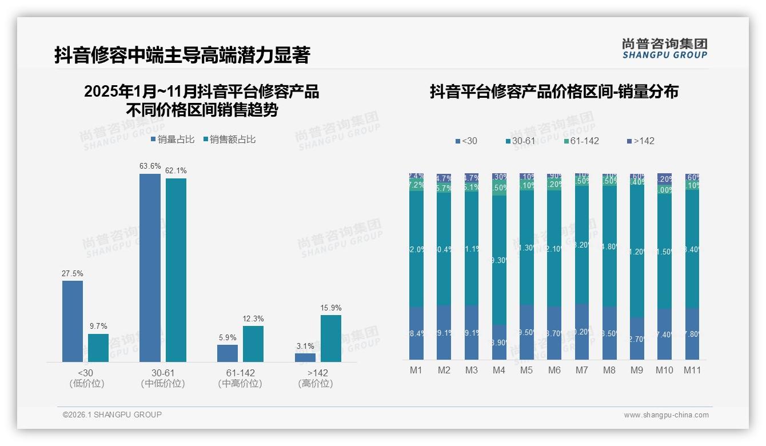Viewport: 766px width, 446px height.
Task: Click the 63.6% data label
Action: pyautogui.click(x=150, y=166)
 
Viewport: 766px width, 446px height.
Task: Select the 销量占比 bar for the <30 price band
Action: pyautogui.click(x=73, y=321)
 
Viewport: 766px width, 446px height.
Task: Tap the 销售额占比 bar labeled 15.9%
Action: pyautogui.click(x=331, y=338)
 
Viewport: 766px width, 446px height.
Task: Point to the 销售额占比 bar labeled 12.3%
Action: pyautogui.click(x=253, y=344)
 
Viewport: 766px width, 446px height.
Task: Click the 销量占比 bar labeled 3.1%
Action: pyautogui.click(x=305, y=357)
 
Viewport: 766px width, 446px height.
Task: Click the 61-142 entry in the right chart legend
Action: pyautogui.click(x=581, y=141)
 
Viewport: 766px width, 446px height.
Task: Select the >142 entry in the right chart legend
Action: pyautogui.click(x=641, y=141)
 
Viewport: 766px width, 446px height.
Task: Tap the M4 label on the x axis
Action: pyautogui.click(x=499, y=370)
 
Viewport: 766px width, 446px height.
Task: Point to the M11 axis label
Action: pyautogui.click(x=693, y=370)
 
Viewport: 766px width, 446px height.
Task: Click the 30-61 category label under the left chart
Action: pyautogui.click(x=163, y=373)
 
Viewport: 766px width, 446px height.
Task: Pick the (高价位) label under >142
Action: pyautogui.click(x=316, y=384)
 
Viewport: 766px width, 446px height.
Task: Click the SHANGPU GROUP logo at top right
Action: pyautogui.click(x=664, y=49)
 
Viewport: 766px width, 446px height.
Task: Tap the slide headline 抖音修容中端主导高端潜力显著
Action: pyautogui.click(x=182, y=55)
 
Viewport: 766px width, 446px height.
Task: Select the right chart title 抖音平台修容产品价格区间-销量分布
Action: pyautogui.click(x=554, y=91)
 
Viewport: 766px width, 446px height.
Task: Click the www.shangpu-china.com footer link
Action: pyautogui.click(x=666, y=415)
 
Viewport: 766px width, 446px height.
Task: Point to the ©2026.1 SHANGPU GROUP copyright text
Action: pyautogui.click(x=112, y=415)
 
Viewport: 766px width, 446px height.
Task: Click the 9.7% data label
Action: pyautogui.click(x=98, y=326)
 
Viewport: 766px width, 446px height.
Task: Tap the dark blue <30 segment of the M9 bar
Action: pyautogui.click(x=637, y=339)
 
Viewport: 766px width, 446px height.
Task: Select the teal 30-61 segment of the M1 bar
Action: pyautogui.click(x=416, y=249)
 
